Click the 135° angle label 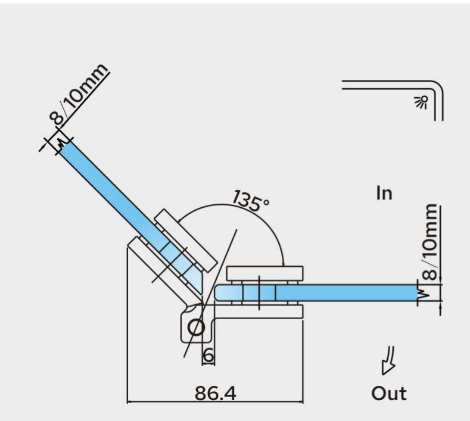click(251, 201)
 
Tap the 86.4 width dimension click(216, 393)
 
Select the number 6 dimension click(208, 355)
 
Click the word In click(384, 194)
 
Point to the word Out click(389, 393)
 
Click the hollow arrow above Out click(388, 360)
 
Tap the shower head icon click(421, 102)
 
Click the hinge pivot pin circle click(196, 328)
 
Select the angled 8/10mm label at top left click(79, 94)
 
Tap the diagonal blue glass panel click(131, 215)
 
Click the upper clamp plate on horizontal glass click(264, 273)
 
